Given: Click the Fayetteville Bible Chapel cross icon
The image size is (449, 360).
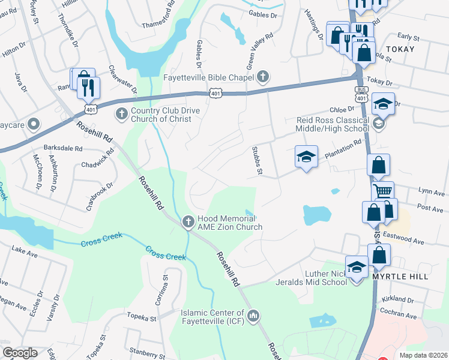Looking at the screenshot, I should click(262, 77).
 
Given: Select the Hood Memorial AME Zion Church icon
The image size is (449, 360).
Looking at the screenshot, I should click(188, 222).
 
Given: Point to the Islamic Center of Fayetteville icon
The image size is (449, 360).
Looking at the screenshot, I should click(253, 315).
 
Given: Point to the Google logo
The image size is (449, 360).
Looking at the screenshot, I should click(20, 353).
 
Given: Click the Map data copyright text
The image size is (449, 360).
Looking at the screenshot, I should click(423, 355).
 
